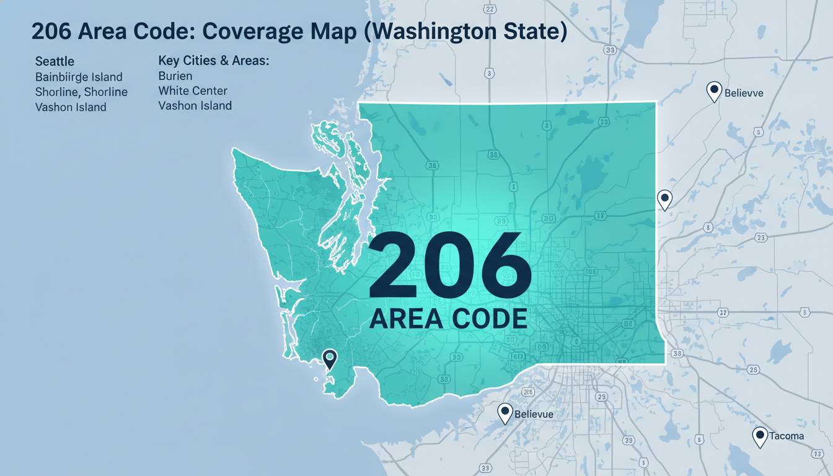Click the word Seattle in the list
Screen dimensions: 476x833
[x=55, y=61]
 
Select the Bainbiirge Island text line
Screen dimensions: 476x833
[x=79, y=77]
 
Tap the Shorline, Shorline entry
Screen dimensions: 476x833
[x=81, y=92]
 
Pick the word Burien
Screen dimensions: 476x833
[x=175, y=76]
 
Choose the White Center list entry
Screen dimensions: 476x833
[x=193, y=91]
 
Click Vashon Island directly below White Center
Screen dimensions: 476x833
[x=195, y=106]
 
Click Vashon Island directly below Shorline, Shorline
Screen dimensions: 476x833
[x=71, y=107]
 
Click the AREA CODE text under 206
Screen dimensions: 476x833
[x=448, y=318]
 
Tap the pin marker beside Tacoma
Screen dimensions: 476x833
[x=759, y=436]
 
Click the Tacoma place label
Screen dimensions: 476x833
[x=787, y=436]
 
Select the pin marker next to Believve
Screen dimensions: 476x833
[x=715, y=92]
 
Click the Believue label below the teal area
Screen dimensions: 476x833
[x=533, y=413]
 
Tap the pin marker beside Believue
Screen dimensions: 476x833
[x=505, y=412]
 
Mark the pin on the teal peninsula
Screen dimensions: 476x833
[x=329, y=358]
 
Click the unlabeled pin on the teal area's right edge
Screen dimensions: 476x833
[x=664, y=200]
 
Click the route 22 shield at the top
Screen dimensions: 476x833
[x=490, y=9]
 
